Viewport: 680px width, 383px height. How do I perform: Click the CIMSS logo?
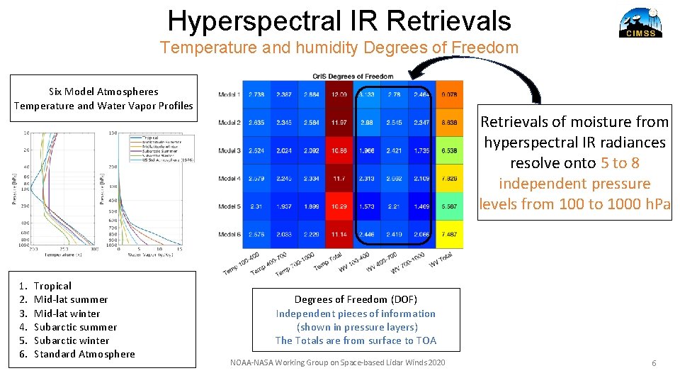640,22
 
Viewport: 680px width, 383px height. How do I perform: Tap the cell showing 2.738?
256,94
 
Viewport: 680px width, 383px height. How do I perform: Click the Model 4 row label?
229,179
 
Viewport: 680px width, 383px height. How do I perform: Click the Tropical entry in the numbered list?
52,286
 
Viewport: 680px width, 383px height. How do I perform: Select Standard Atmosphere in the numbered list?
84,354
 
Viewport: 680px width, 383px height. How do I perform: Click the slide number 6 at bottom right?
654,363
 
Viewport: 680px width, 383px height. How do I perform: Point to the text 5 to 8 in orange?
620,163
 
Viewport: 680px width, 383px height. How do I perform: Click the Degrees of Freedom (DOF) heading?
356,299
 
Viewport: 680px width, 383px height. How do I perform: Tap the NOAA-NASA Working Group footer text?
338,363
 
